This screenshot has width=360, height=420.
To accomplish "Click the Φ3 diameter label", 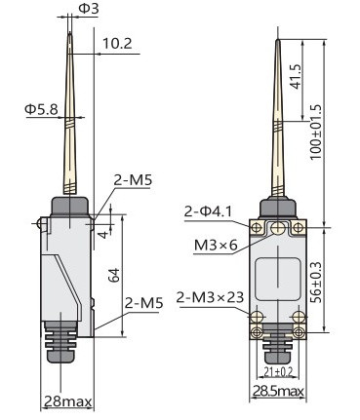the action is (89, 9).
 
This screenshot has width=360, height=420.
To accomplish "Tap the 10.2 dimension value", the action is (117, 44).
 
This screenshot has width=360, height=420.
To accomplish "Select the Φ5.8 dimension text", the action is (41, 109).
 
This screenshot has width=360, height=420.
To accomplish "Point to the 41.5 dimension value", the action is (297, 77).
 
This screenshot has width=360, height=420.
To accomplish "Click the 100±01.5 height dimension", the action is (315, 132).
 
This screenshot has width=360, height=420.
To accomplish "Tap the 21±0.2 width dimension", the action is (278, 371).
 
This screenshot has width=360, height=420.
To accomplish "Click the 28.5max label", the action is (278, 391).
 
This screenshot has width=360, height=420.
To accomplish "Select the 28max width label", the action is (67, 401).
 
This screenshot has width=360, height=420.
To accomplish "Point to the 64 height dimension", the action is (114, 275).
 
